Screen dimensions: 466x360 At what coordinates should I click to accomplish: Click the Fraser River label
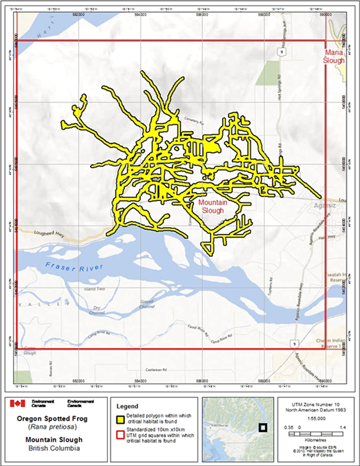[73, 269]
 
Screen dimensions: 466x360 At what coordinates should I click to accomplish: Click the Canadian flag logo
[17, 403]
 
